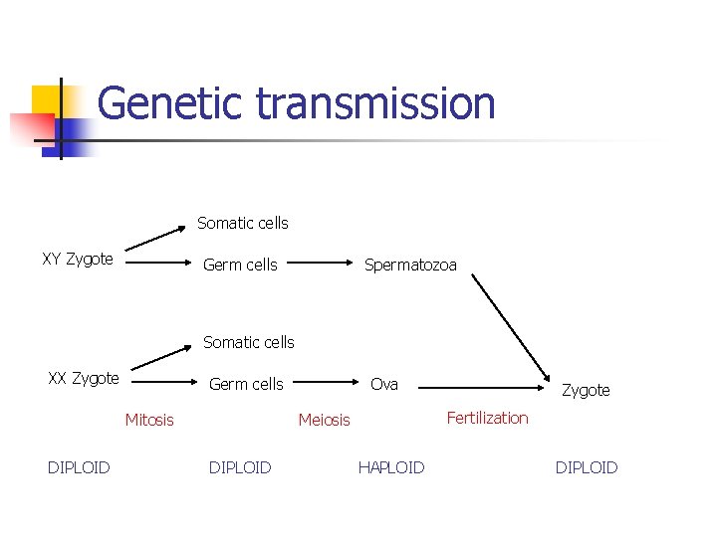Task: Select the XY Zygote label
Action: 78,260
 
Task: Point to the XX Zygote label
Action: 84,378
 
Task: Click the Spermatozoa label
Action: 410,265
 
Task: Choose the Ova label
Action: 384,384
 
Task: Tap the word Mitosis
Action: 149,420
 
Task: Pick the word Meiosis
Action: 325,420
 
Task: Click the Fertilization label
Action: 487,418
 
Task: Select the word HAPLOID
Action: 391,467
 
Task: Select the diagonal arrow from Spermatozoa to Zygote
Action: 509,328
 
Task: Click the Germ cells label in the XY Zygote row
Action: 240,265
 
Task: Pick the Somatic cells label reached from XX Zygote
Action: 249,342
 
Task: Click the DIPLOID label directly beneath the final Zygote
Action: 587,467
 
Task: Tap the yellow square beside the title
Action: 47,101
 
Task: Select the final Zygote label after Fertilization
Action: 586,390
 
